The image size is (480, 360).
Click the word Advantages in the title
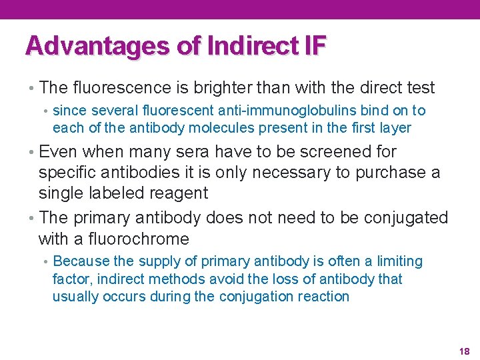coord(98,45)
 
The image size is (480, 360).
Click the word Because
coord(81,261)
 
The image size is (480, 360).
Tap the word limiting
coord(396,261)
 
